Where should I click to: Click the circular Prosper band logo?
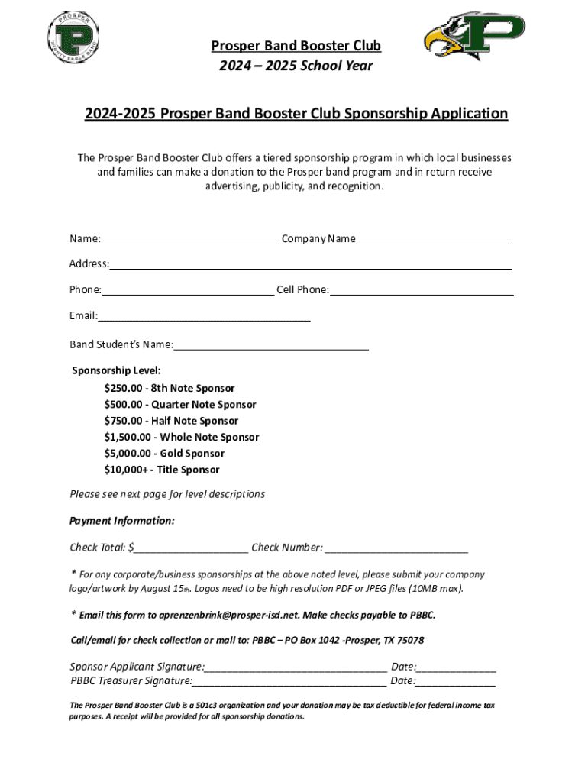point(74,38)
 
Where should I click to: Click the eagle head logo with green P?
point(473,36)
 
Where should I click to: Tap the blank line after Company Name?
point(433,240)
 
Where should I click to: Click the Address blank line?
point(310,265)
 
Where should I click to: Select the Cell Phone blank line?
point(422,291)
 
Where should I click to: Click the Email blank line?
point(204,317)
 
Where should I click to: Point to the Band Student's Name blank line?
point(271,345)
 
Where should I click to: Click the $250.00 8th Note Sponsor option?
point(170,389)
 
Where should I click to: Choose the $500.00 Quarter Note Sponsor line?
point(180,405)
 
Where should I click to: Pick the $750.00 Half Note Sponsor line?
point(171,421)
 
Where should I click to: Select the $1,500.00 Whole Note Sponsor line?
point(182,438)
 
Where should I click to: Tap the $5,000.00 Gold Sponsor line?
point(164,454)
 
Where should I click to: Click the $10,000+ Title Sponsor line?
point(162,470)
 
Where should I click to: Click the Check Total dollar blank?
point(192,548)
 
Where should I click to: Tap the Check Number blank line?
point(396,548)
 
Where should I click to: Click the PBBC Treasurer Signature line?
point(289,682)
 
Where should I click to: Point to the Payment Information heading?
point(122,521)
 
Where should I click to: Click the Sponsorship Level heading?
point(117,371)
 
